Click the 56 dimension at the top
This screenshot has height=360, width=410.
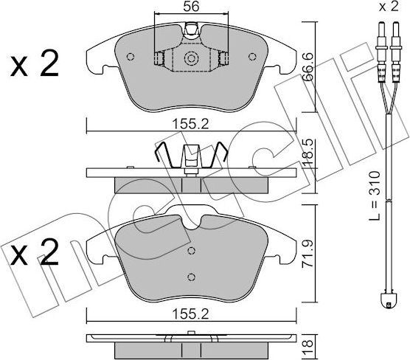pyautogui.click(x=191, y=7)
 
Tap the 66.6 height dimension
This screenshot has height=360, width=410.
pyautogui.click(x=309, y=66)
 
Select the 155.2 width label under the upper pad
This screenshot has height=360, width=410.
pyautogui.click(x=191, y=124)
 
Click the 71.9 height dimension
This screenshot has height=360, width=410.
pyautogui.click(x=309, y=254)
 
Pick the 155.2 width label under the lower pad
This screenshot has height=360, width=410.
pyautogui.click(x=191, y=314)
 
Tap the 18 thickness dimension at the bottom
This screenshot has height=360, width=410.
pyautogui.click(x=309, y=347)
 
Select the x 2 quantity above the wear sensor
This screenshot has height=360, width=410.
pyautogui.click(x=389, y=7)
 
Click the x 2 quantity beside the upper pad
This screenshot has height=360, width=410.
pyautogui.click(x=34, y=63)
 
